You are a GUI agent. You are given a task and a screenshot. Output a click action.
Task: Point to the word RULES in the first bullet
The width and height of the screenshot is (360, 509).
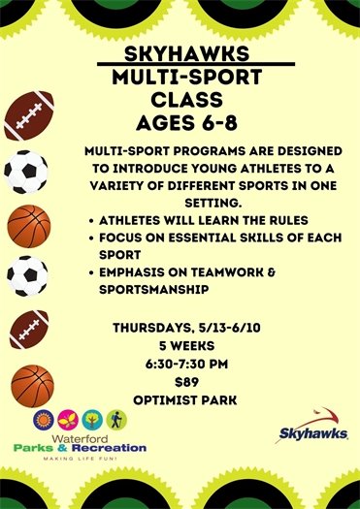click(247, 219)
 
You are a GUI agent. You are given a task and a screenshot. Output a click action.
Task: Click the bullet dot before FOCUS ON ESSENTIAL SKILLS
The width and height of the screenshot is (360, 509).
click(91, 238)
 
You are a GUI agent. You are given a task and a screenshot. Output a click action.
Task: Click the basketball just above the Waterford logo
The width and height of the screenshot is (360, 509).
click(32, 385)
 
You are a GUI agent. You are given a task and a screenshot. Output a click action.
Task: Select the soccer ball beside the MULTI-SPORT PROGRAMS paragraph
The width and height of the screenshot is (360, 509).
click(26, 172)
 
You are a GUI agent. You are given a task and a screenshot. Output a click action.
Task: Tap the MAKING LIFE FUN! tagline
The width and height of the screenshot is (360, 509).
click(80, 461)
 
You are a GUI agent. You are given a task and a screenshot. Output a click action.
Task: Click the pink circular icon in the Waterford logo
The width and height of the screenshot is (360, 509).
click(68, 419)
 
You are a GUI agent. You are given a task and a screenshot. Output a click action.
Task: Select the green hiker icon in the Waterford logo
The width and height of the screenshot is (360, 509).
click(117, 419)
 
